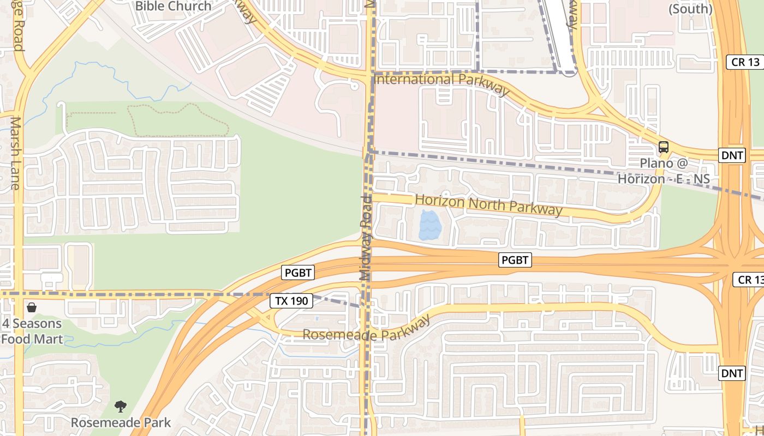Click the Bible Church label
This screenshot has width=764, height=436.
click(173, 7)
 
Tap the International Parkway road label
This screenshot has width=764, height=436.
click(442, 82)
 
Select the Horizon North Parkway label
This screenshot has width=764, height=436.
click(488, 204)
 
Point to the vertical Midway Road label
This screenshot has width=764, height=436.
click(366, 239)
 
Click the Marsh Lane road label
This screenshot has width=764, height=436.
click(15, 153)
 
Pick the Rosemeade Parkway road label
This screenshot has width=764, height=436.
click(366, 329)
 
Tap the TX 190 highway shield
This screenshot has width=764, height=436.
click(291, 300)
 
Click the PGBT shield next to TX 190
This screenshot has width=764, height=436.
click(298, 272)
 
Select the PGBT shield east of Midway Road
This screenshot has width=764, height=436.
click(515, 261)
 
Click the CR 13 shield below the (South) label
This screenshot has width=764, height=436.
click(745, 62)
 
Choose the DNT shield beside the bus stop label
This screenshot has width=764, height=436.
click(732, 155)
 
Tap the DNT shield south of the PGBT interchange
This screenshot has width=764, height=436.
click(732, 373)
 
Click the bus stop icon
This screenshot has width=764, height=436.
click(664, 147)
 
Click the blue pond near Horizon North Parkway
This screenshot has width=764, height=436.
click(430, 226)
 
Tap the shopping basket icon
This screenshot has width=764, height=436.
click(32, 308)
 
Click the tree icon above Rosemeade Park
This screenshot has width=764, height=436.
click(121, 406)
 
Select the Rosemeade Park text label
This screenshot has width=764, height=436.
click(121, 422)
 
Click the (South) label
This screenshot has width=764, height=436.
click(690, 9)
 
